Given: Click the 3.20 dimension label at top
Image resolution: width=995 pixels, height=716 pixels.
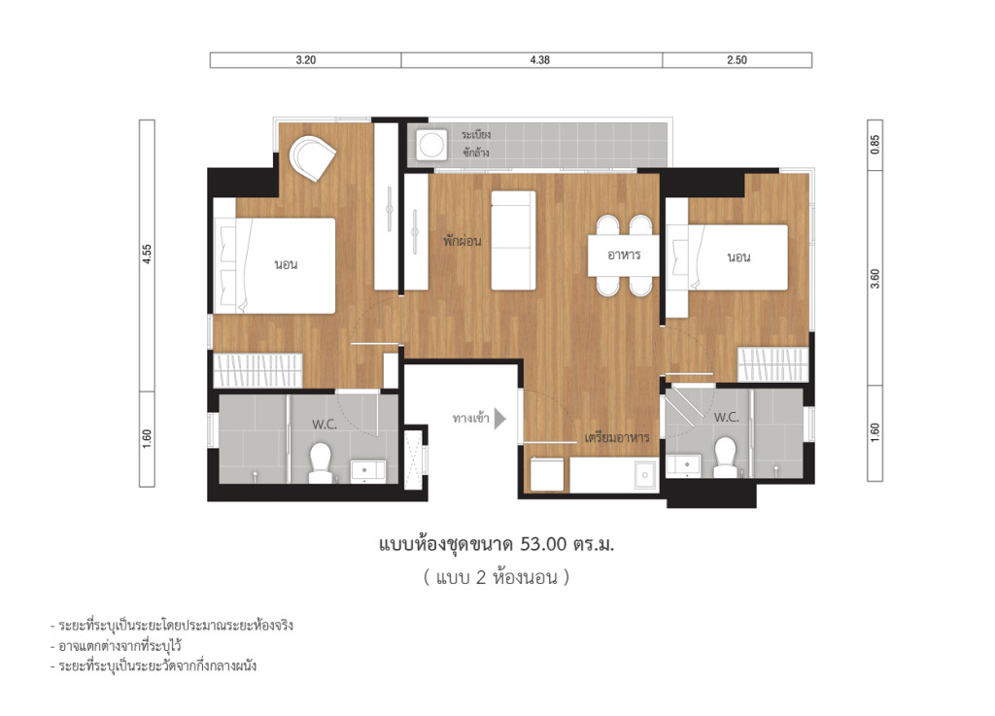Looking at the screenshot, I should tap(305, 60).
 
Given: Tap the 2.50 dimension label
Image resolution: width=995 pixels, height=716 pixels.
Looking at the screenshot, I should tap(737, 60).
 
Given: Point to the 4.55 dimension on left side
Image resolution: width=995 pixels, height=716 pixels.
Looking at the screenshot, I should tap(147, 254).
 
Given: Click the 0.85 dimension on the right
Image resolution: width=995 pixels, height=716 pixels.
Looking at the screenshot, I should tap(875, 145).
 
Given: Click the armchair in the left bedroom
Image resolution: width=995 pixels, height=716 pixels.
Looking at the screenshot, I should tap(314, 156).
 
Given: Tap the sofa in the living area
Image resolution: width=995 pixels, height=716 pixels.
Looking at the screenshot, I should tap(513, 240).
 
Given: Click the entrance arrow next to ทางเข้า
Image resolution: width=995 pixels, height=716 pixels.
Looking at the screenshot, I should tap(500, 419).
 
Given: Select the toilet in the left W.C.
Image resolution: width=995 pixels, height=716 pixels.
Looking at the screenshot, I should tap(321, 462).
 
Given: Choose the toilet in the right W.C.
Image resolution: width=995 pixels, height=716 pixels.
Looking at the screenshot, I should tap(725, 458).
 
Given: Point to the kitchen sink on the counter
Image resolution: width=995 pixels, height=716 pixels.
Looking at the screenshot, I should tap(642, 475).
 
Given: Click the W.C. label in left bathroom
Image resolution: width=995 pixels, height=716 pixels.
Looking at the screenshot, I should tap(324, 424).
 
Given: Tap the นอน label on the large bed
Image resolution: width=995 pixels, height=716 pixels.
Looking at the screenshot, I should tap(286, 264).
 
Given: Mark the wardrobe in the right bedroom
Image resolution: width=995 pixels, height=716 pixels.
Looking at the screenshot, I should tap(773, 365).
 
